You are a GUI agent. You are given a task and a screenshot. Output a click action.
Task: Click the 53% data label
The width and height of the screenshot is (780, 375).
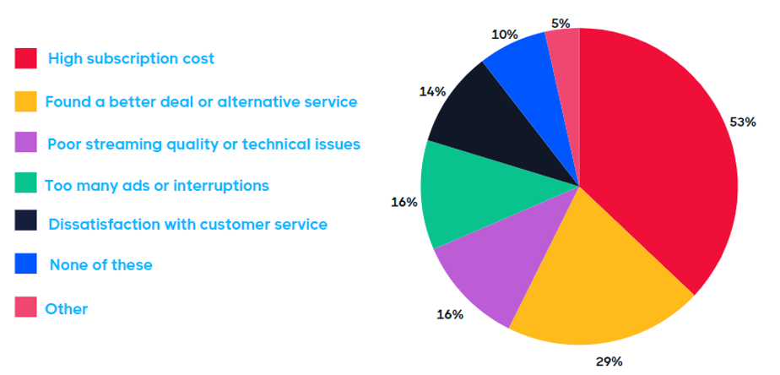(742, 122)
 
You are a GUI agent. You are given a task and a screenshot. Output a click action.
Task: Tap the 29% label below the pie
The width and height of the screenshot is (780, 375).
(609, 361)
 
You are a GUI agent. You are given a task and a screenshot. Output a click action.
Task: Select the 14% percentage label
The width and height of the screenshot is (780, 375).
(431, 91)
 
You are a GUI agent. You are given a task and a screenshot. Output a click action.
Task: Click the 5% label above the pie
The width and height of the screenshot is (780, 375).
(560, 23)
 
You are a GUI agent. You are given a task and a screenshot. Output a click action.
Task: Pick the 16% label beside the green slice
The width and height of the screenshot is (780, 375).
(404, 203)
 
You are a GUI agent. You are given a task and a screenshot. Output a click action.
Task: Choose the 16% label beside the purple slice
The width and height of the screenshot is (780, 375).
(449, 315)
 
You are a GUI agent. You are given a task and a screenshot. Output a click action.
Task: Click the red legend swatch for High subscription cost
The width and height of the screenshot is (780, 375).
(25, 58)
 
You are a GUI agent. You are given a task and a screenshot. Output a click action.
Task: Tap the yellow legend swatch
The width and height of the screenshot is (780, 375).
(25, 101)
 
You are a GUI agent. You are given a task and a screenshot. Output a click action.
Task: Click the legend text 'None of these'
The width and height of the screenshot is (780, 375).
(100, 265)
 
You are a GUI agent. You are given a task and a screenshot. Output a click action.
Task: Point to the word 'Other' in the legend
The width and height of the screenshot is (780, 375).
(66, 308)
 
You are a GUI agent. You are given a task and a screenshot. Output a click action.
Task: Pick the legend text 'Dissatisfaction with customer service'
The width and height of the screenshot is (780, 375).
(187, 225)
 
